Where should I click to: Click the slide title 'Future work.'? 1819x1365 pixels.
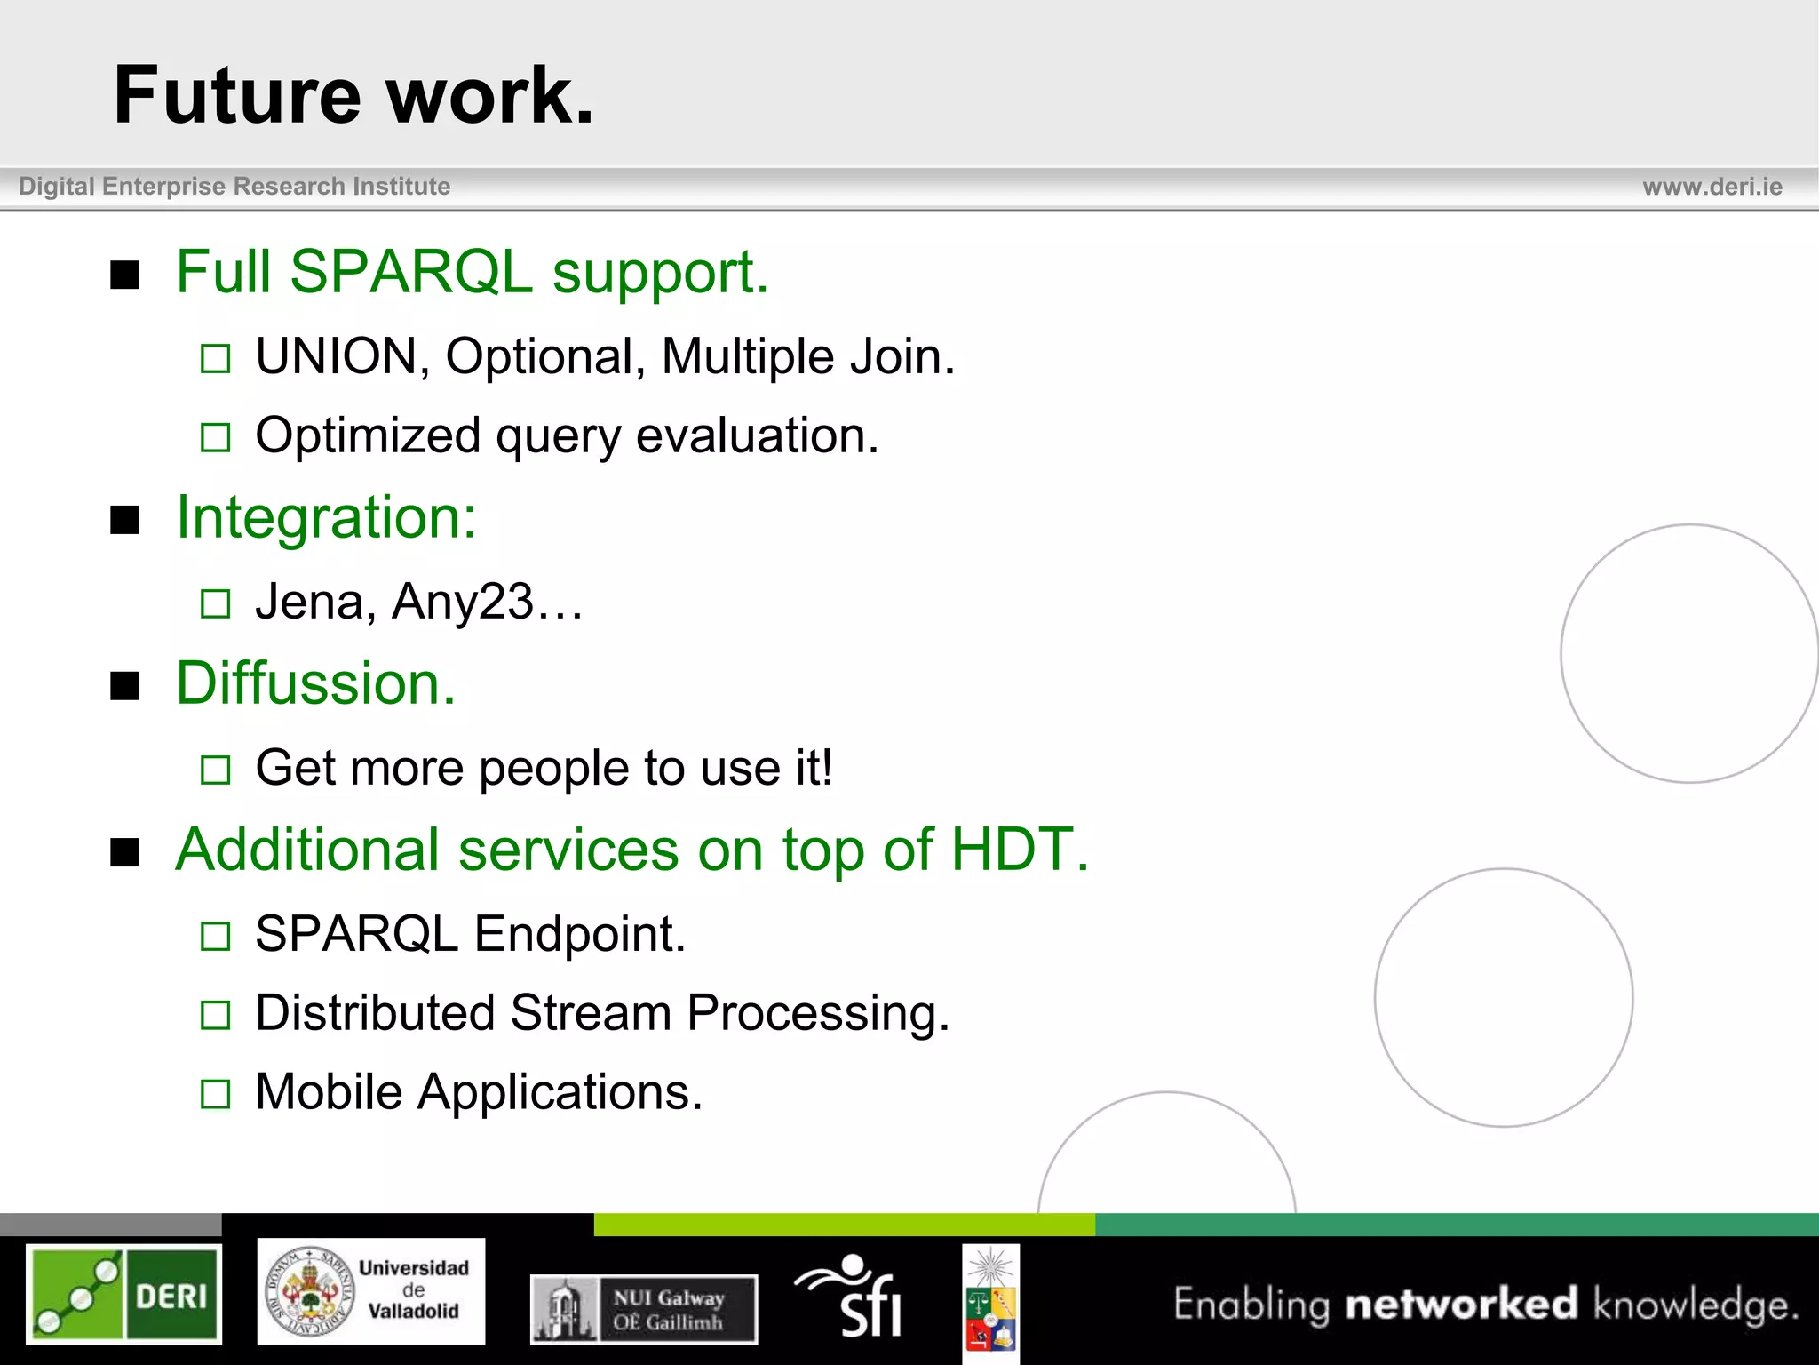(x=353, y=95)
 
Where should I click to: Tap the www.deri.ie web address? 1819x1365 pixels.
(x=1712, y=187)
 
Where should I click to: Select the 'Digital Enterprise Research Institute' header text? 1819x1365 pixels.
(x=234, y=187)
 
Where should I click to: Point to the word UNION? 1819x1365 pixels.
(x=337, y=356)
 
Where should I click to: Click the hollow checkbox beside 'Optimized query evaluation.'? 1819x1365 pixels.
(x=215, y=437)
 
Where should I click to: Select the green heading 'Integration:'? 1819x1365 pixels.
(x=326, y=517)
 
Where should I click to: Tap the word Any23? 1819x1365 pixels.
(x=462, y=602)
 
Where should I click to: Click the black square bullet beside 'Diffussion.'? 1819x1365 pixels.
(x=125, y=686)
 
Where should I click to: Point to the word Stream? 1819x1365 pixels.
(x=590, y=1013)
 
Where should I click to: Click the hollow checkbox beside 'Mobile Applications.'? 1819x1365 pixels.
(x=215, y=1093)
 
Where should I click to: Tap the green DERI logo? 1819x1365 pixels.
(x=123, y=1293)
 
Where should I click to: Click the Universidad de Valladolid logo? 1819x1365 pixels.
(x=370, y=1290)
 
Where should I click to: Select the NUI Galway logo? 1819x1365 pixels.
(x=644, y=1309)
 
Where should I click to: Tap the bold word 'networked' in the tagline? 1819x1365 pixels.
(x=1461, y=1304)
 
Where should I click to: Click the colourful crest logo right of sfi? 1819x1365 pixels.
(x=990, y=1302)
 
